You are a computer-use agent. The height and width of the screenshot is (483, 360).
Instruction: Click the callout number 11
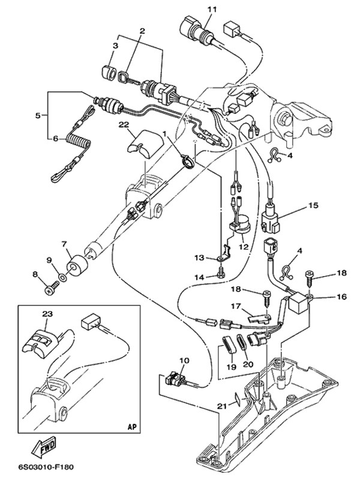210,8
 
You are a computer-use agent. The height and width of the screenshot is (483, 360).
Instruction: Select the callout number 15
313,205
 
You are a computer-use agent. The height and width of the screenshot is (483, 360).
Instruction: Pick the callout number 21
222,406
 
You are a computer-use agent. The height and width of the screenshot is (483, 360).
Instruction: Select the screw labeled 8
49,290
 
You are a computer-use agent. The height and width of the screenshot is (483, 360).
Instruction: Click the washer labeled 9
63,280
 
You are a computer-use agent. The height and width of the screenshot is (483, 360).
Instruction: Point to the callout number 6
55,138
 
